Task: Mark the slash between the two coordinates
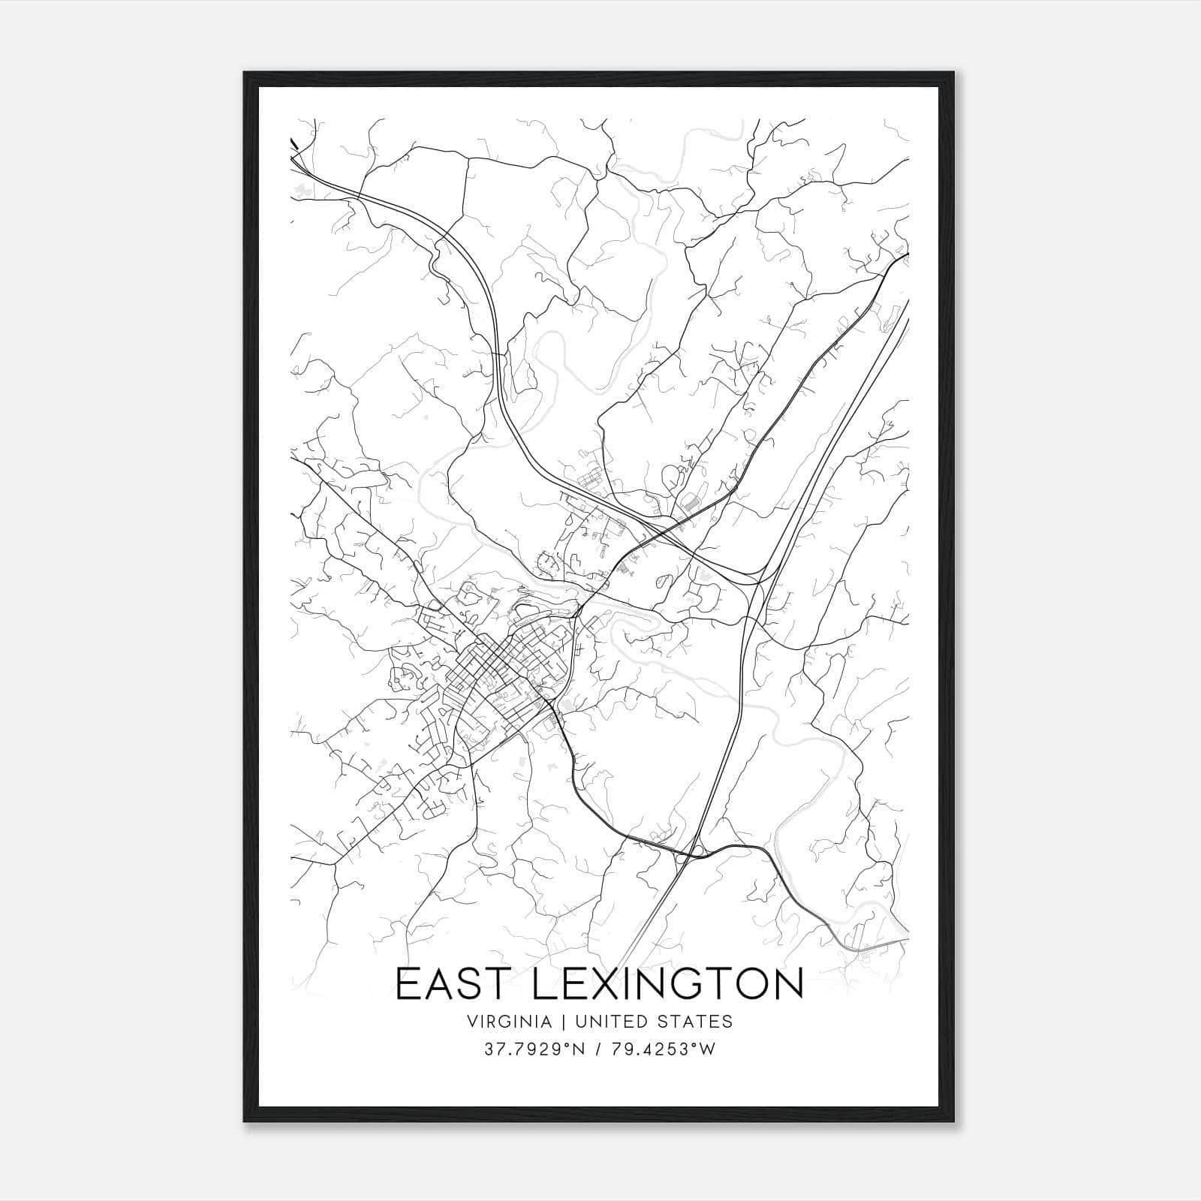597,1049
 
